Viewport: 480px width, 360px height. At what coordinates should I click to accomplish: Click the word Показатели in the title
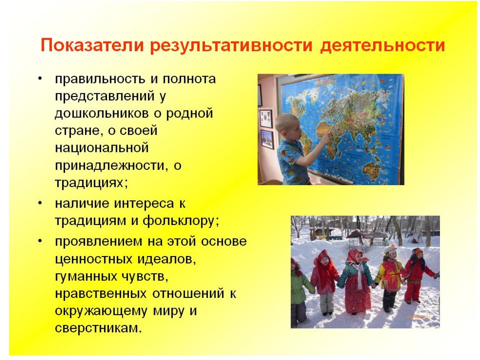92,45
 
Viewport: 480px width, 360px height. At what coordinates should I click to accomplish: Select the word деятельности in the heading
382,45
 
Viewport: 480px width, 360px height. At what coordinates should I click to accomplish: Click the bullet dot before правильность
40,79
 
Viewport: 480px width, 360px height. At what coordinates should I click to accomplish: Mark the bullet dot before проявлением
40,241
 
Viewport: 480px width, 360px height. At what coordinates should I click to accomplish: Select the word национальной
101,148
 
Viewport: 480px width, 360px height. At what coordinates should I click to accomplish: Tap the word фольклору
180,220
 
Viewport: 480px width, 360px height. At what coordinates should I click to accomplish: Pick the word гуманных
83,276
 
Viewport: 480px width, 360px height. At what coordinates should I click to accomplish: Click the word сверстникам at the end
98,328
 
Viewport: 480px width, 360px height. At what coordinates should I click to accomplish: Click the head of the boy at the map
287,125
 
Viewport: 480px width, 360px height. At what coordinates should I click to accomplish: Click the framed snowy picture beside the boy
267,139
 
